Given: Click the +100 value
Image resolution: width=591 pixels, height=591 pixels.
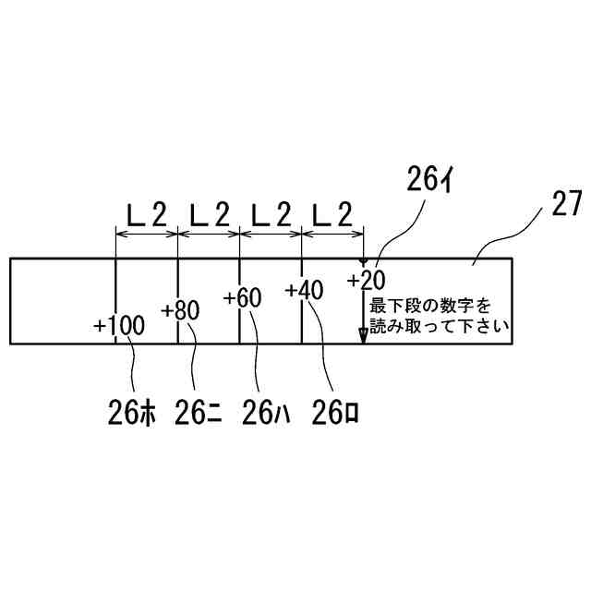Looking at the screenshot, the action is (119, 325).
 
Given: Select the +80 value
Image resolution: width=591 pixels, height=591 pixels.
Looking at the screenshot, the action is (180, 310).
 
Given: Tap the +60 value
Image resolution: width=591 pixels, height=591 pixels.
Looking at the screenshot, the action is (243, 298).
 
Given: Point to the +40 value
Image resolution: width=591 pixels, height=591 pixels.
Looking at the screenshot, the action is (304, 290).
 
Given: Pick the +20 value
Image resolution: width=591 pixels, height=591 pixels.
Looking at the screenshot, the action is (367, 280).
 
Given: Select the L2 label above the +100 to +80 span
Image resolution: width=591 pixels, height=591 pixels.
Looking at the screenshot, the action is (146, 216).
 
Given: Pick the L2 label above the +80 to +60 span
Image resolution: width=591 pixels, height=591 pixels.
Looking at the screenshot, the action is (209, 216).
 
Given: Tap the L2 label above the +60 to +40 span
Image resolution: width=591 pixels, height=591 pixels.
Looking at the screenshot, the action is (271, 216).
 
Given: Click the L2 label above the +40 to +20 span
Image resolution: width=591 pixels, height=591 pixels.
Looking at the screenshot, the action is (332, 216).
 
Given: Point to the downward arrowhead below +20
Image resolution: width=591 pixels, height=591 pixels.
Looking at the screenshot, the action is (363, 337).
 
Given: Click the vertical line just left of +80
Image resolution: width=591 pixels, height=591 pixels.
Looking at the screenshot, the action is (177, 300).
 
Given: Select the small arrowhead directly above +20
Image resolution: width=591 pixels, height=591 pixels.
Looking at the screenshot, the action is (363, 263).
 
